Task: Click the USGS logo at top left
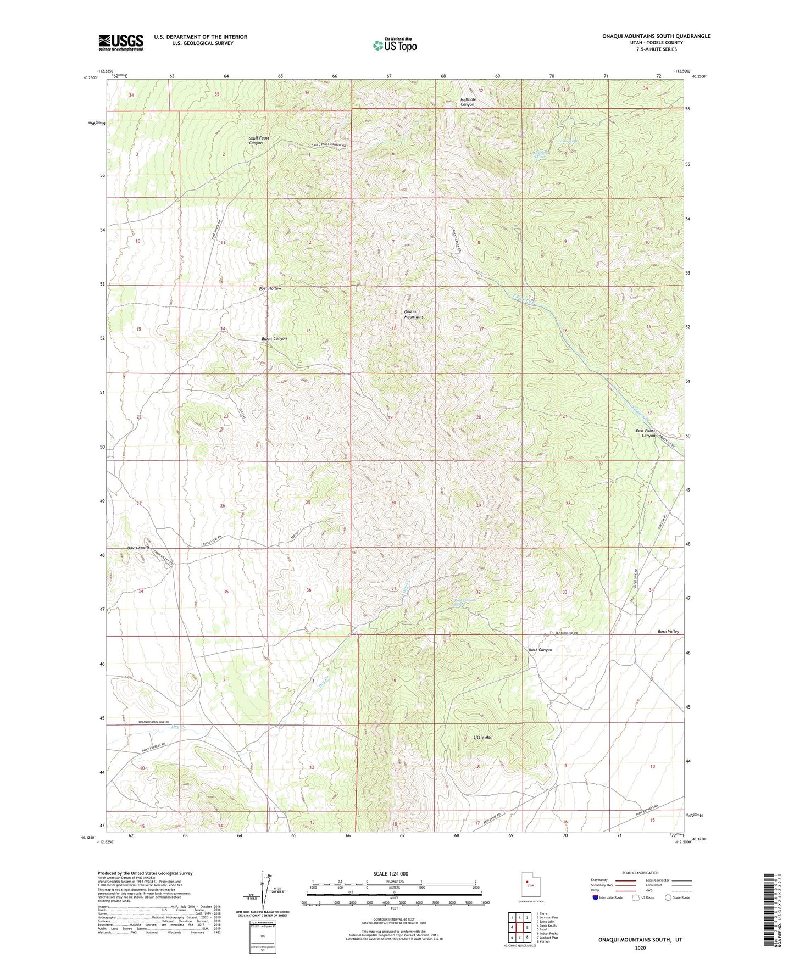(x=121, y=42)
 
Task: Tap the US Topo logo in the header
(x=394, y=45)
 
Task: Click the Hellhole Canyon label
(x=467, y=102)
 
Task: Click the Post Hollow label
(x=270, y=288)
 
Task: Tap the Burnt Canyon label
(x=274, y=338)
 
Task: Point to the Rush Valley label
(x=668, y=632)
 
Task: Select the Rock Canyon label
(x=540, y=650)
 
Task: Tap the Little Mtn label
(x=484, y=737)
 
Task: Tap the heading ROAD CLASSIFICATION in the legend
(x=640, y=873)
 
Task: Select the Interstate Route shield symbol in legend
(x=596, y=897)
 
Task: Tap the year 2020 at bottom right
(x=640, y=947)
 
